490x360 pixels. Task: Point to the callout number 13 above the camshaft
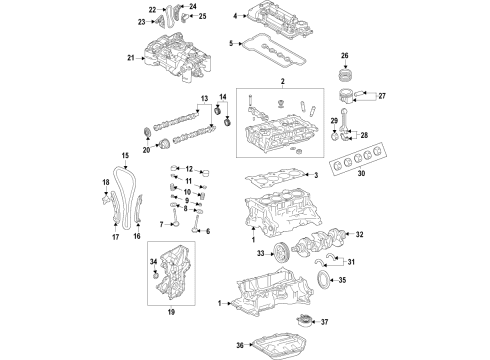point(203,98)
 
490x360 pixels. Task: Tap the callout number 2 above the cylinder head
point(282,81)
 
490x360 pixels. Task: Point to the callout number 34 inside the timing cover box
point(155,262)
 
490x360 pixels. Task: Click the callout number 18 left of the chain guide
point(104,180)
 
